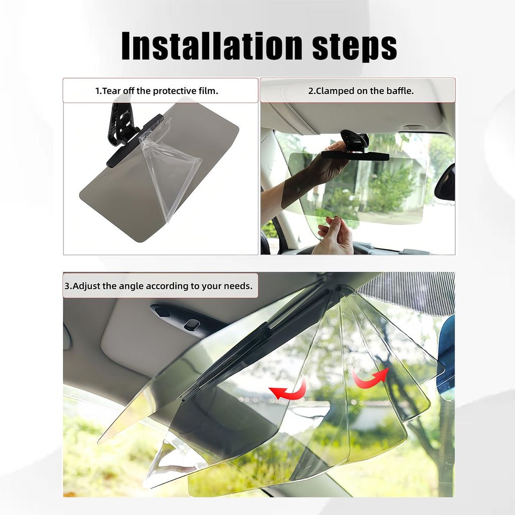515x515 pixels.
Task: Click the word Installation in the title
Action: coord(212,46)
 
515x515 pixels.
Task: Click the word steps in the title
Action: coord(355,47)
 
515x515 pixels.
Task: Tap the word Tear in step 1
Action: coord(112,91)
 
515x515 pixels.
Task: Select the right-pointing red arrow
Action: coord(370,378)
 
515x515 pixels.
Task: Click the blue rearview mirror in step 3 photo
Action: coord(447,358)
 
